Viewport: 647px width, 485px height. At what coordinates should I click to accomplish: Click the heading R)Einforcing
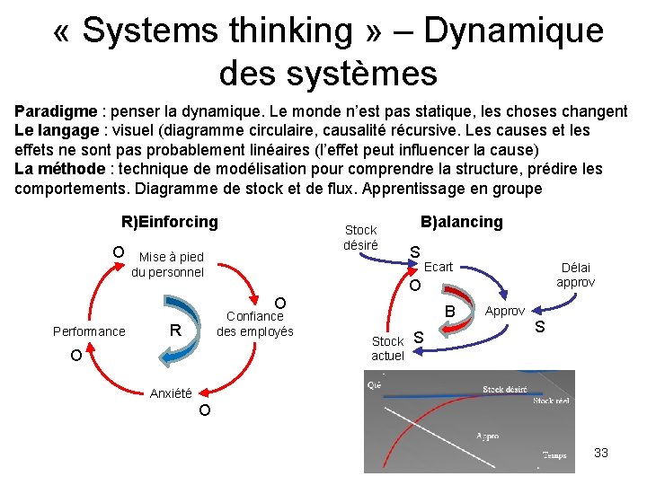click(x=169, y=222)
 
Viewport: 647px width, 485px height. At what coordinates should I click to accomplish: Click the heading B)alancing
click(x=462, y=222)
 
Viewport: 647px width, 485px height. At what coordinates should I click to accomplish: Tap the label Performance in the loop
click(x=88, y=331)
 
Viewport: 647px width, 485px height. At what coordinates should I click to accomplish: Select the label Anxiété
click(x=171, y=393)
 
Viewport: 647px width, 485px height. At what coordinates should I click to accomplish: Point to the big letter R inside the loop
click(x=177, y=331)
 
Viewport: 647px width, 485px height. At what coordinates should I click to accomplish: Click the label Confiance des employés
click(x=255, y=323)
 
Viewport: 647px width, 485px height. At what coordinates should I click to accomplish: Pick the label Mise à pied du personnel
click(x=169, y=265)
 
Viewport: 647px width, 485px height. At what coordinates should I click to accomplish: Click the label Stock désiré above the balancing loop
click(x=360, y=238)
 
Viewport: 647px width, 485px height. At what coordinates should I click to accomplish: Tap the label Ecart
click(x=439, y=267)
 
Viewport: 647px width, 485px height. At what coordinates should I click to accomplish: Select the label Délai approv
click(x=575, y=275)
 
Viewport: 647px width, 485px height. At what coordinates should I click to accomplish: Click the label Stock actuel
click(x=387, y=348)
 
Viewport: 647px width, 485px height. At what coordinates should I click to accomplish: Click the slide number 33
click(x=601, y=453)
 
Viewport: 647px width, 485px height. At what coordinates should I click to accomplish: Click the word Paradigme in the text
click(x=56, y=112)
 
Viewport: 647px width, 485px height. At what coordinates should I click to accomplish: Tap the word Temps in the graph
click(x=554, y=455)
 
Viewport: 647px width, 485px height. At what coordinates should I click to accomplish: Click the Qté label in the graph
click(x=374, y=384)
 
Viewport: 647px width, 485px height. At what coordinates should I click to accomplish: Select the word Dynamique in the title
click(x=513, y=31)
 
